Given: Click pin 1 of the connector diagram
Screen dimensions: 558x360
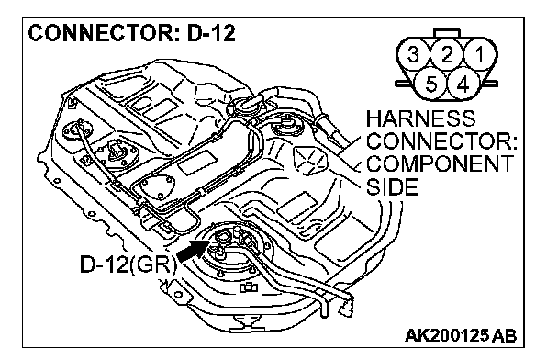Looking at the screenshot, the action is click(x=480, y=54).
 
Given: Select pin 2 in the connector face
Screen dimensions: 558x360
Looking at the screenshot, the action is click(x=447, y=54).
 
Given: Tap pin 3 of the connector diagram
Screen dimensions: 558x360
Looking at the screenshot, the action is click(x=413, y=54).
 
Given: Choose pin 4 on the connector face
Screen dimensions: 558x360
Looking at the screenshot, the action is click(x=463, y=84).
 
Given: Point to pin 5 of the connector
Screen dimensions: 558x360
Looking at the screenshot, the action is click(x=430, y=84).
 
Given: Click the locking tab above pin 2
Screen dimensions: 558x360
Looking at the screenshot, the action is click(x=447, y=34).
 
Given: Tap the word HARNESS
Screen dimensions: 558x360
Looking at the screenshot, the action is click(x=420, y=118).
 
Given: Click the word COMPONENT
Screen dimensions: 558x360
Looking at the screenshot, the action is click(x=440, y=163).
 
